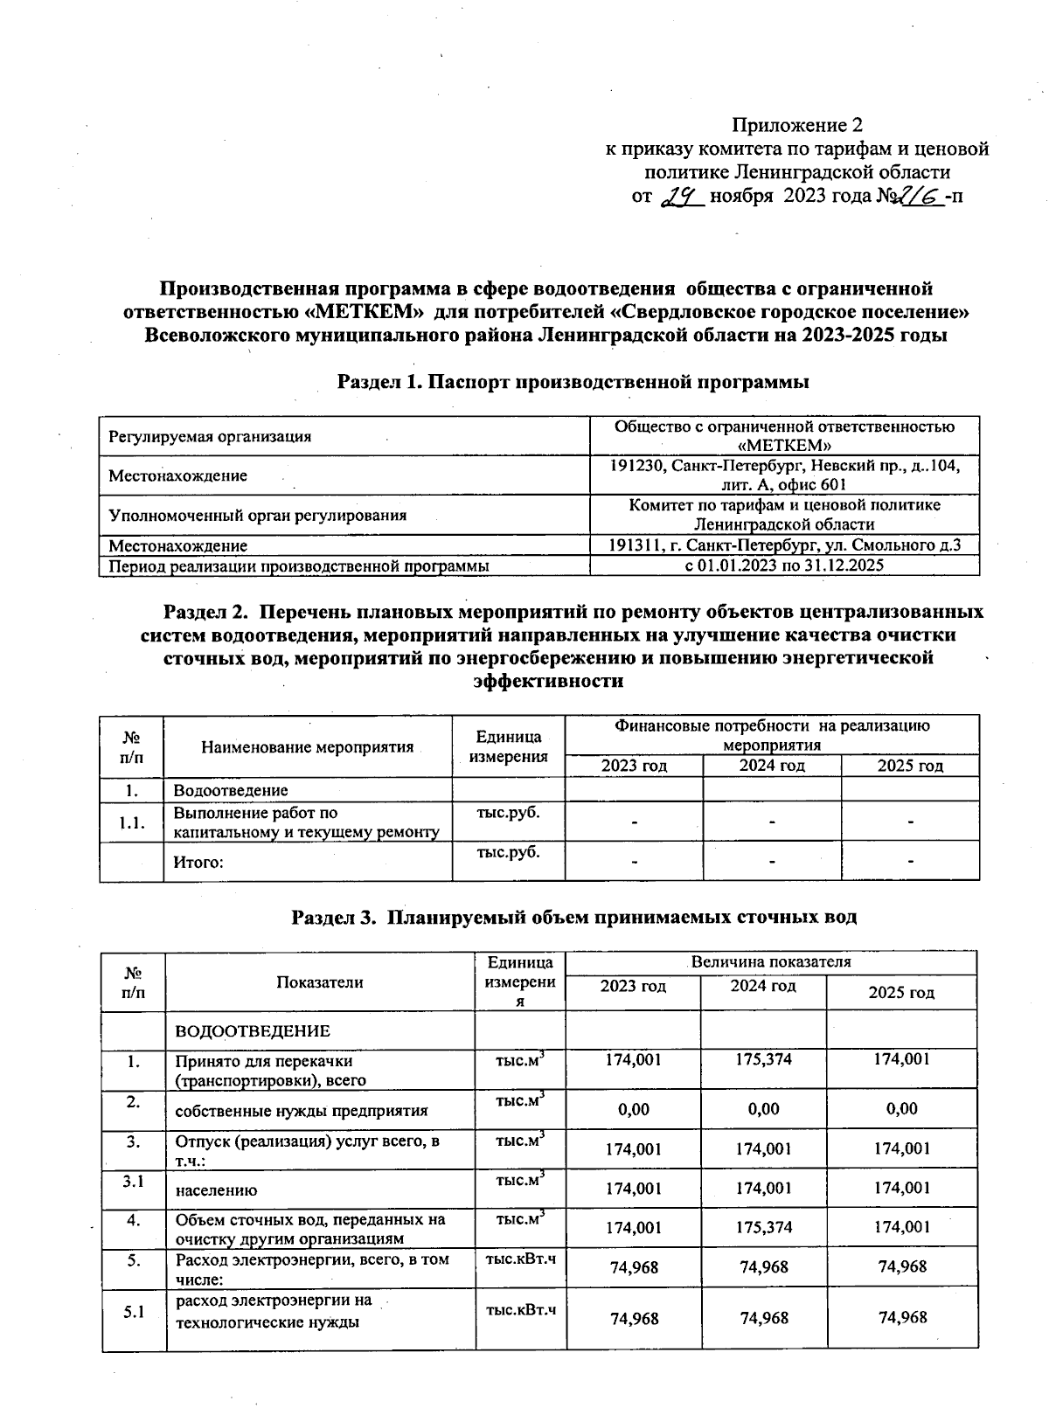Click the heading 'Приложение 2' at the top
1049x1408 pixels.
[x=797, y=124]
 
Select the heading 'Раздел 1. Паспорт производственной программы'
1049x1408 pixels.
[x=573, y=382]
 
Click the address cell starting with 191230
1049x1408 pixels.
[x=783, y=475]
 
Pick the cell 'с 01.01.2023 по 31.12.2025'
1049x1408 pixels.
[x=783, y=565]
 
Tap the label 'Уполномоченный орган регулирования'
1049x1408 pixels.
[x=258, y=516]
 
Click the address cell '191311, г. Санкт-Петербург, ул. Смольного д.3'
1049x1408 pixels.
[x=783, y=545]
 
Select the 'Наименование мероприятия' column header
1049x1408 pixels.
[x=307, y=747]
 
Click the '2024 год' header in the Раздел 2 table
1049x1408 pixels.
[x=771, y=766]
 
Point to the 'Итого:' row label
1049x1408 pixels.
[x=198, y=863]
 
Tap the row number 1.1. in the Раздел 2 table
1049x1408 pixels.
[x=131, y=822]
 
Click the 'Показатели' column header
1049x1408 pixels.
[x=319, y=982]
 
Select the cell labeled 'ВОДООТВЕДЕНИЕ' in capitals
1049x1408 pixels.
[x=253, y=1031]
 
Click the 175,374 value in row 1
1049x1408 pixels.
[x=763, y=1059]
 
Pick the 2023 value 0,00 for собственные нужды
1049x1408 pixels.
[x=633, y=1109]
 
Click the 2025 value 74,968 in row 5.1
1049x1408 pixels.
[x=902, y=1318]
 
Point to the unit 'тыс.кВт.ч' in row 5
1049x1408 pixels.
[x=520, y=1259]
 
